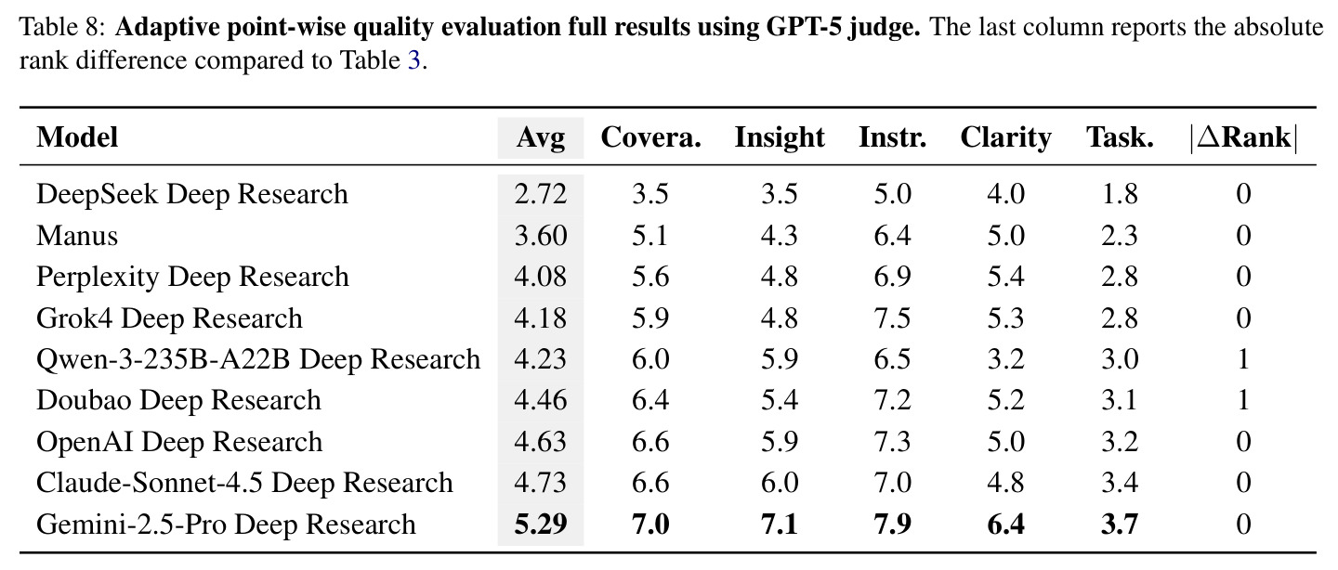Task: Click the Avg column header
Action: pyautogui.click(x=541, y=138)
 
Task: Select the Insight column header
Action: pyautogui.click(x=780, y=138)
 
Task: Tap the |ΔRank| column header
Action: pyautogui.click(x=1243, y=138)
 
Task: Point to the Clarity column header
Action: pyautogui.click(x=1006, y=138)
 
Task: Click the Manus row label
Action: pyautogui.click(x=77, y=235)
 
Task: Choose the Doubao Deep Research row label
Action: pyautogui.click(x=178, y=400)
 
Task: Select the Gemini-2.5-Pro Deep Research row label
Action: pyautogui.click(x=226, y=524)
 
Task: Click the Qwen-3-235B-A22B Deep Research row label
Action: pyautogui.click(x=258, y=358)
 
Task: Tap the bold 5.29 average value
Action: pyautogui.click(x=541, y=524)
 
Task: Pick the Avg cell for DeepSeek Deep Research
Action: pyautogui.click(x=541, y=194)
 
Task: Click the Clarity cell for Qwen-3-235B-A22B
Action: pyautogui.click(x=1006, y=358)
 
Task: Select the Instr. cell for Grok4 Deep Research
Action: pyautogui.click(x=892, y=317)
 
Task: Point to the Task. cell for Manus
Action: pyautogui.click(x=1120, y=235)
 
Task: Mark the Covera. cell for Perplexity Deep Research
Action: pyautogui.click(x=650, y=277)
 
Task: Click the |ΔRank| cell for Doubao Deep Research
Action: pyautogui.click(x=1243, y=400)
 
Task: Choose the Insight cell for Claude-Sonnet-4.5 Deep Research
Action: pyautogui.click(x=780, y=482)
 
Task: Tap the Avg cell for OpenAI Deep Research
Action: pyautogui.click(x=541, y=442)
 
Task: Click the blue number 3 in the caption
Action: pyautogui.click(x=414, y=60)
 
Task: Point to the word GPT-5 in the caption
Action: pyautogui.click(x=805, y=27)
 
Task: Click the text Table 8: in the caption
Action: pyautogui.click(x=63, y=27)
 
